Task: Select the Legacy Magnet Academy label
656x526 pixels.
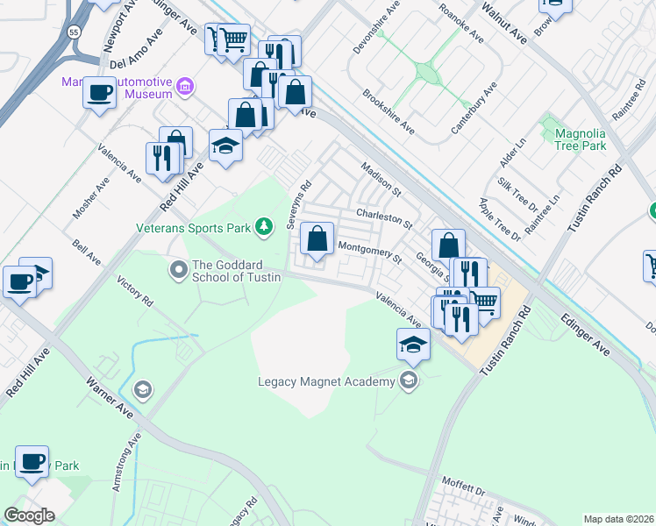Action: pos(326,381)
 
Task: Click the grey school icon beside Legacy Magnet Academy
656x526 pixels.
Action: pos(408,380)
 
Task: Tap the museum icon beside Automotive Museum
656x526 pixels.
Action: pos(185,86)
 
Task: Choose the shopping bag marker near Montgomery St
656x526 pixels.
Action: pos(317,238)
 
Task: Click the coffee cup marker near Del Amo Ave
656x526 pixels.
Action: pos(100,92)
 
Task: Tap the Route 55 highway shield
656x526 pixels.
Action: pos(75,31)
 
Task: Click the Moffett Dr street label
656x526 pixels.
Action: pos(463,486)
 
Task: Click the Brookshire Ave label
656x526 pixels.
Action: pos(389,110)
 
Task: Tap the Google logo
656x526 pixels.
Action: pos(29,515)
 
